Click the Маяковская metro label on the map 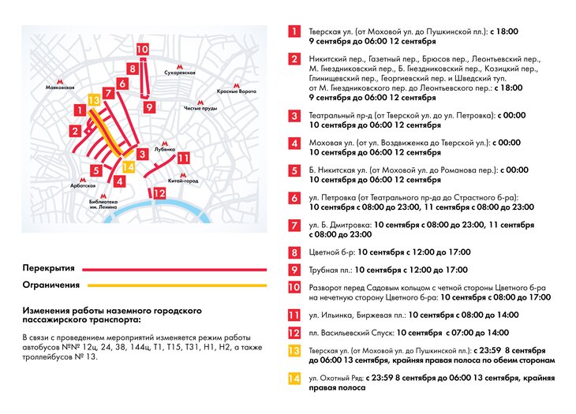(60, 88)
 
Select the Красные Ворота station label (238, 91)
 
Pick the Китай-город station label (183, 181)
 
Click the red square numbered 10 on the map (142, 49)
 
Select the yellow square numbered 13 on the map (94, 100)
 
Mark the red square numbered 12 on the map (159, 193)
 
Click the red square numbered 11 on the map (183, 158)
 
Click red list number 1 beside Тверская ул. (294, 32)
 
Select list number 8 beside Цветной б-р (294, 253)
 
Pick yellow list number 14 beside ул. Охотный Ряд (294, 379)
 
